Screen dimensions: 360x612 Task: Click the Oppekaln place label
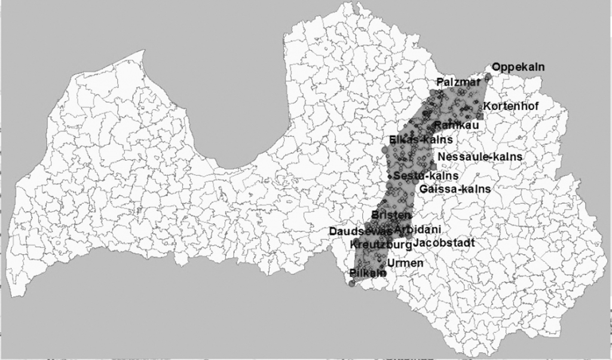[518, 67]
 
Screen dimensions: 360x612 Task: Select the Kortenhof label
[511, 106]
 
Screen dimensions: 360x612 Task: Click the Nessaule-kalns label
[480, 157]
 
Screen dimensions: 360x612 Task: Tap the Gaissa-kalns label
[455, 188]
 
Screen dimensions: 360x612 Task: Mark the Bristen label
[391, 215]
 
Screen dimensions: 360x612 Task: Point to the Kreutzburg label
[380, 245]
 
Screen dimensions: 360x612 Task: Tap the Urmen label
[406, 263]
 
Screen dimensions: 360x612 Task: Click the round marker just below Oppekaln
[488, 76]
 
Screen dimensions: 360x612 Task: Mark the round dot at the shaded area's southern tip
[352, 283]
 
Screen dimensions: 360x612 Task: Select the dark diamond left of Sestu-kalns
[388, 176]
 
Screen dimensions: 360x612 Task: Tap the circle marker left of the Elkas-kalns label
[385, 141]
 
